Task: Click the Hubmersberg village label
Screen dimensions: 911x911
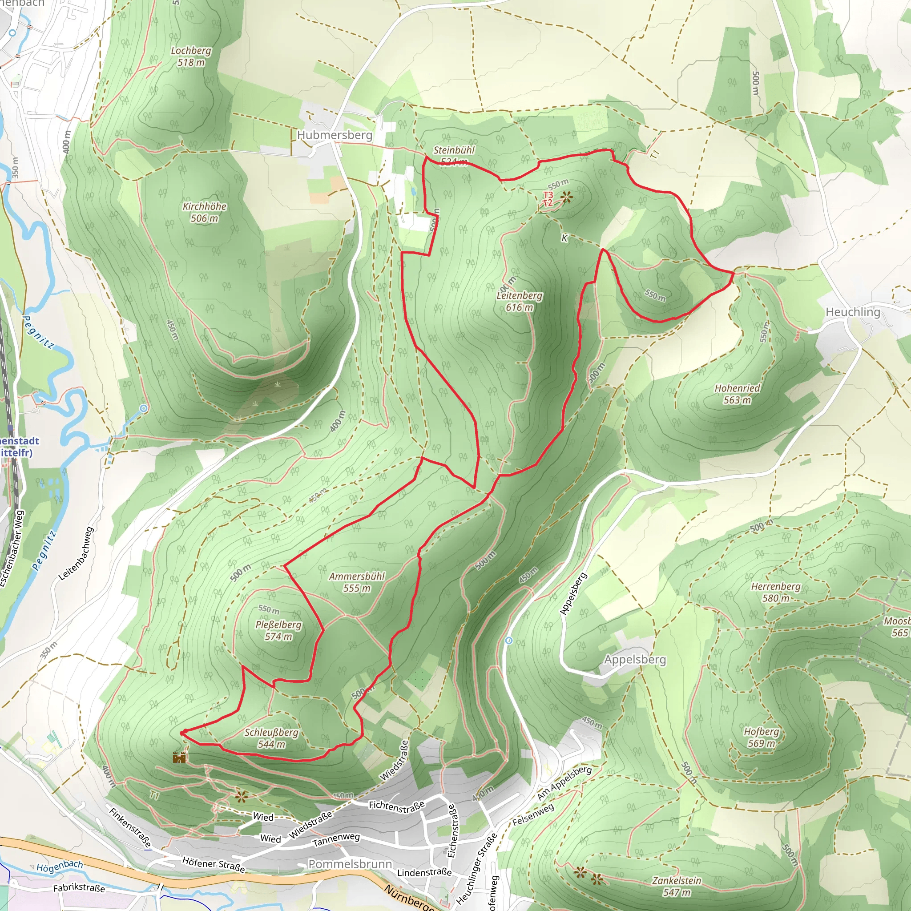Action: tap(335, 135)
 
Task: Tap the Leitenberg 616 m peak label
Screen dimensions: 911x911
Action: tap(519, 301)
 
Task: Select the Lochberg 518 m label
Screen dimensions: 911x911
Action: tap(190, 56)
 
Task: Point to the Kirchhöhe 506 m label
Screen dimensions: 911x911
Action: tap(204, 212)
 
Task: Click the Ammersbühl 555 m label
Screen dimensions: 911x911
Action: tap(357, 582)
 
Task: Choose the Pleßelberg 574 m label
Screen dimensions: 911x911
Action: tap(278, 630)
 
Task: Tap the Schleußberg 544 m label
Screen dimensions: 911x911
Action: tap(271, 738)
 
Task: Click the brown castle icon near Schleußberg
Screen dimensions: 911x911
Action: tap(179, 758)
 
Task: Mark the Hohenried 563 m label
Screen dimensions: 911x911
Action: tap(737, 394)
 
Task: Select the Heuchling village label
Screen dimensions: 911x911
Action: tap(853, 312)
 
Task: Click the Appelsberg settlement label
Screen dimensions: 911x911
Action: tap(635, 660)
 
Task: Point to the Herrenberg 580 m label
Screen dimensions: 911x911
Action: tap(776, 592)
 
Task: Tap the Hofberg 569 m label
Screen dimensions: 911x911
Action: tap(761, 737)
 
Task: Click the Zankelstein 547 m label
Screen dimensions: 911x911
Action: tap(677, 886)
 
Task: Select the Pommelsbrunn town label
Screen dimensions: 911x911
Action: tap(350, 864)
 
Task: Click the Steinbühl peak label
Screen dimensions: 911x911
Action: tap(454, 150)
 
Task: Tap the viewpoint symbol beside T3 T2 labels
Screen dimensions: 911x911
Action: tap(566, 197)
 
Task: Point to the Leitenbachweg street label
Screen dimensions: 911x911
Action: tap(76, 553)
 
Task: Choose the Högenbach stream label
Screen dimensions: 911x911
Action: tap(60, 866)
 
